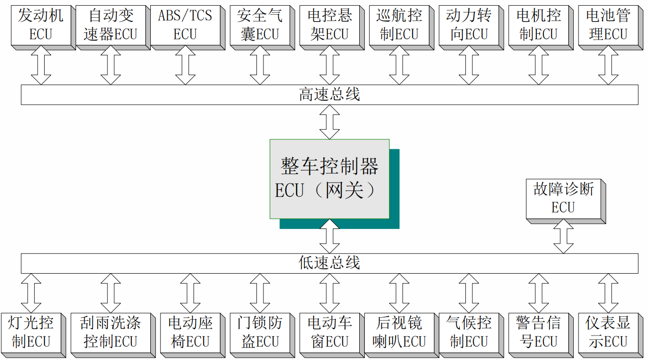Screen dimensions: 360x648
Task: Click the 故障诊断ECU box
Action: [563, 199]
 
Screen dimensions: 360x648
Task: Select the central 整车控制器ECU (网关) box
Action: [329, 179]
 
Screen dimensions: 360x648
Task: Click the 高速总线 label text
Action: [329, 95]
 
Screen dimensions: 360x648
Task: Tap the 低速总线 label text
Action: [329, 263]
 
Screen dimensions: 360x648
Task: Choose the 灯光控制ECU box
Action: [31, 332]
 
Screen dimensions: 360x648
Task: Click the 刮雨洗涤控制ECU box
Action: [110, 332]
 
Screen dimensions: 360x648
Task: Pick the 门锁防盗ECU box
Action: [260, 332]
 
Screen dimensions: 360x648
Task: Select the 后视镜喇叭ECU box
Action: [399, 332]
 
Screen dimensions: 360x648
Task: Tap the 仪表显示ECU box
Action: [608, 332]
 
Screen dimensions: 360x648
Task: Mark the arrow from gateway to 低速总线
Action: [329, 236]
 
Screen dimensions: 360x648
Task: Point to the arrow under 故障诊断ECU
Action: [563, 237]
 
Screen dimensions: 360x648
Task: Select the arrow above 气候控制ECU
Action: [469, 293]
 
